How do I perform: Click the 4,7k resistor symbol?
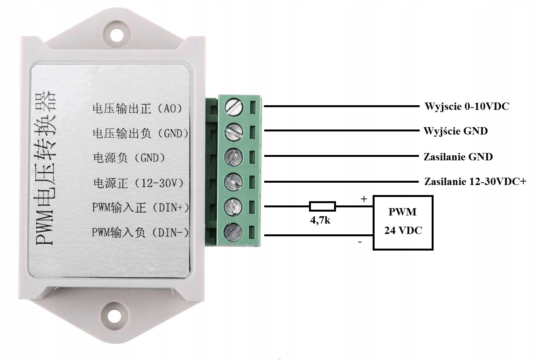pyautogui.click(x=322, y=206)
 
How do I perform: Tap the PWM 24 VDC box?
pyautogui.click(x=403, y=222)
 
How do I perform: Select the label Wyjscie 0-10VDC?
pyautogui.click(x=467, y=106)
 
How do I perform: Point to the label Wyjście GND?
pyautogui.click(x=456, y=131)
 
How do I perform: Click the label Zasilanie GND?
pyautogui.click(x=458, y=157)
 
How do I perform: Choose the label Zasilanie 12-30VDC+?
pyautogui.click(x=475, y=181)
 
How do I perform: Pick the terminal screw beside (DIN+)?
pyautogui.click(x=234, y=206)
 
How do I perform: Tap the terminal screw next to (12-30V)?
pyautogui.click(x=234, y=181)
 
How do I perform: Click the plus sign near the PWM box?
pyautogui.click(x=363, y=199)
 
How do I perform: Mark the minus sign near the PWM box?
pyautogui.click(x=360, y=242)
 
